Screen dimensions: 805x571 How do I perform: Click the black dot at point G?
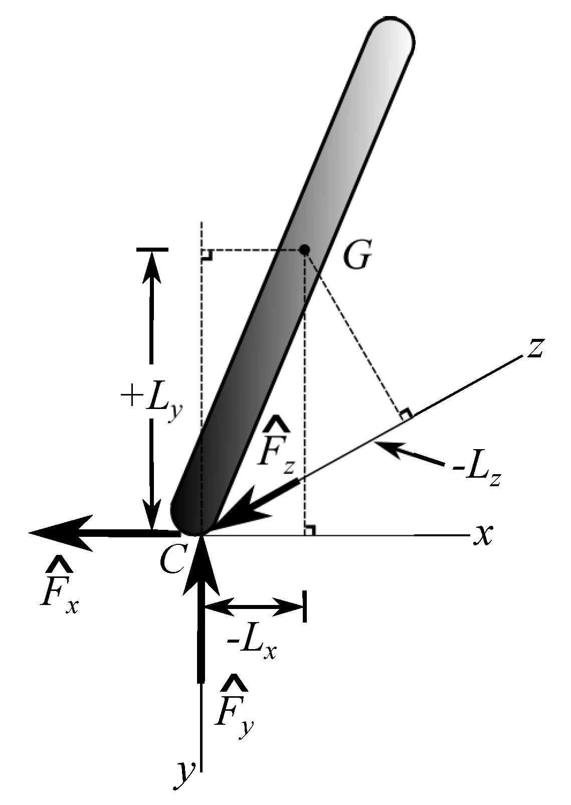[x=304, y=249]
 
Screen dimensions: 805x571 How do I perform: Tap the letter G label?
[x=357, y=257]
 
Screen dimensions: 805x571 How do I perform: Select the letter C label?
[x=173, y=559]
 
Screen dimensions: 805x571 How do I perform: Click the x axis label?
[x=483, y=534]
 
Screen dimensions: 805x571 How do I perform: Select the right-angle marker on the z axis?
[x=406, y=414]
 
